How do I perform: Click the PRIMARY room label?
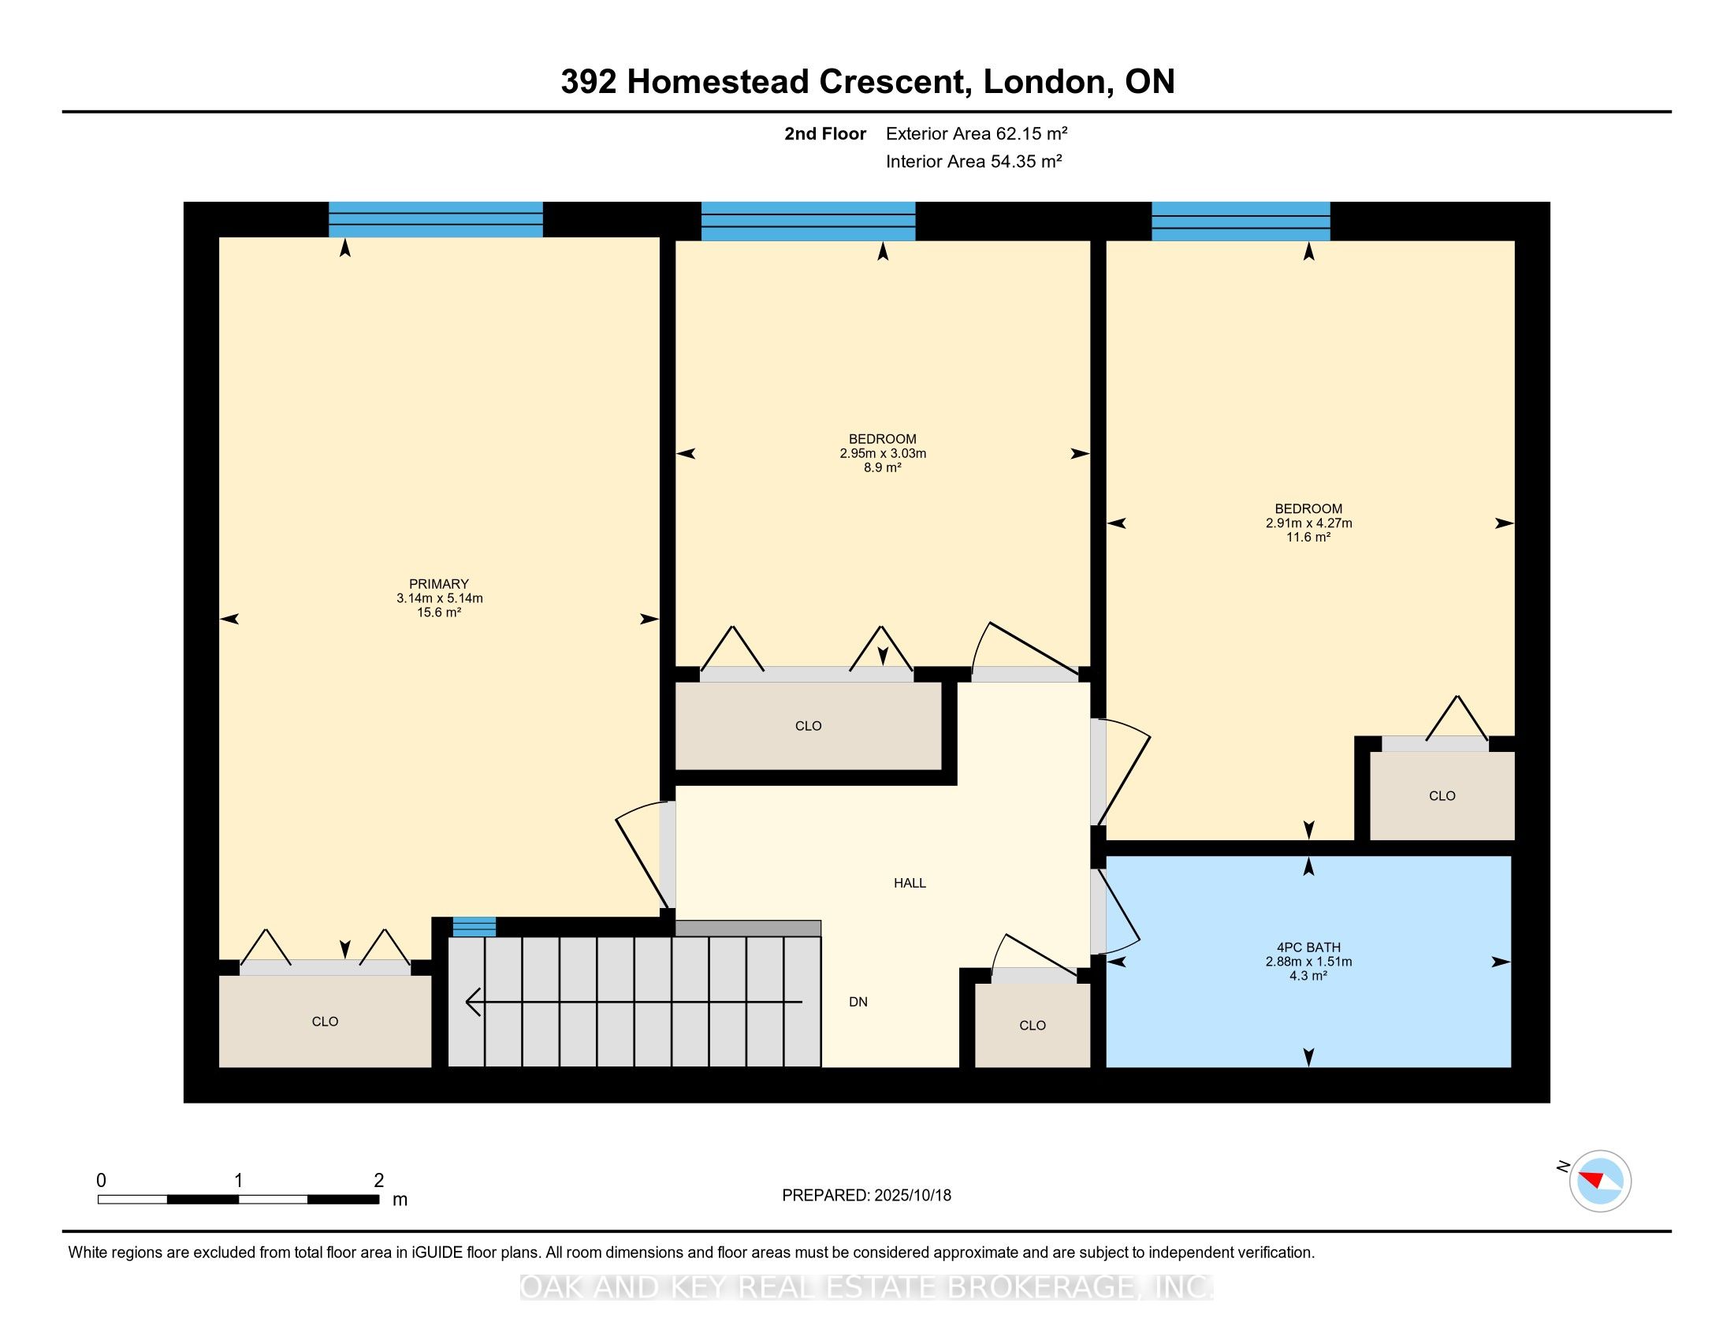(439, 583)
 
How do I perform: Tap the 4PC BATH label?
(1308, 947)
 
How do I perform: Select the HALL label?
(910, 883)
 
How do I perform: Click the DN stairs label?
(858, 1002)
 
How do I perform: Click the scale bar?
(238, 1199)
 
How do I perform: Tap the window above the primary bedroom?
(436, 219)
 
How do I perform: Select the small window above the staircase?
(474, 926)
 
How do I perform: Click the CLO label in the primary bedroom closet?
(325, 1022)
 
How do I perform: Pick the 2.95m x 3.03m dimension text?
(883, 453)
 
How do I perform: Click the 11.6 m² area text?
(1308, 538)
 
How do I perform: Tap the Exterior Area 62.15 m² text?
(977, 133)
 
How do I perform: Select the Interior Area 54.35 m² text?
(974, 161)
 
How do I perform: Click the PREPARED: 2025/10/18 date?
(866, 1195)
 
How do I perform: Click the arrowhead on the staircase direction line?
(473, 1002)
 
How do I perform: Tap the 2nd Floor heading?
(825, 133)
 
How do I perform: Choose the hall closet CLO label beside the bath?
(1033, 1025)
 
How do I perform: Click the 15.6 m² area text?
(439, 612)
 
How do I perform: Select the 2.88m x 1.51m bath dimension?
(1308, 962)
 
